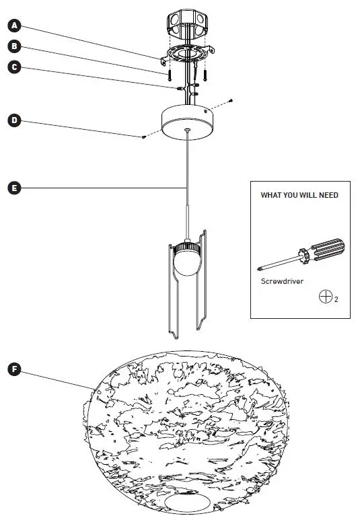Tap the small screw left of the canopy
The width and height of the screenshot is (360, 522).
[x=145, y=137]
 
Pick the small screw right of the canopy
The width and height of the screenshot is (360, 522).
[x=231, y=101]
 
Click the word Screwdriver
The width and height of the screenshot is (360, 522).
[x=279, y=282]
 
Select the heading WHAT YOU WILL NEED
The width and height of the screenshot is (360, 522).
[x=299, y=195]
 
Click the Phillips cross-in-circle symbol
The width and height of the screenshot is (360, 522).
[x=324, y=296]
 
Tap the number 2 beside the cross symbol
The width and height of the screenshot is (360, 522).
[x=335, y=299]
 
